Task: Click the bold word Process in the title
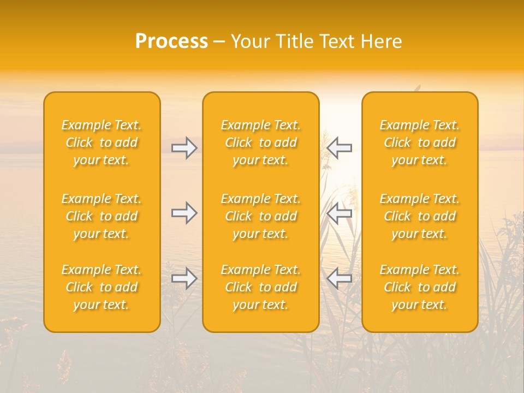[x=171, y=41]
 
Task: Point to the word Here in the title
[x=380, y=41]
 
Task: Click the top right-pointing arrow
[x=184, y=148]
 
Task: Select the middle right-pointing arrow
[x=184, y=212]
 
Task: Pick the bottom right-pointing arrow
[x=184, y=278]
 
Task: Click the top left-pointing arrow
[x=339, y=148]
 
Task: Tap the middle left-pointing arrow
[x=339, y=212]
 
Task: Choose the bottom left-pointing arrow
[x=339, y=278]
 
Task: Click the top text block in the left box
[x=102, y=142]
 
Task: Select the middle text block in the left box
[x=102, y=216]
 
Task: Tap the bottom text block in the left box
[x=102, y=287]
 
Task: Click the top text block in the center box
[x=261, y=142]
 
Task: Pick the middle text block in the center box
[x=261, y=216]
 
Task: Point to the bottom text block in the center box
[x=261, y=287]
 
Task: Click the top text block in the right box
[x=420, y=142]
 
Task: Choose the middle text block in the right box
[x=420, y=216]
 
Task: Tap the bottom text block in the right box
[x=420, y=287]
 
